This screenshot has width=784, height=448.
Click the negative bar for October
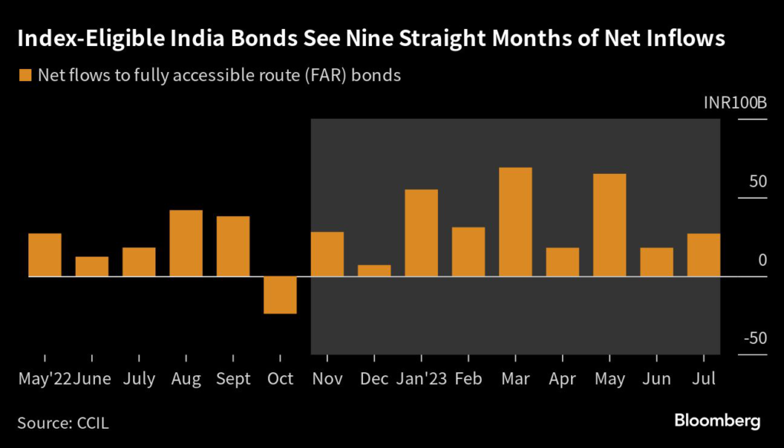[x=280, y=295]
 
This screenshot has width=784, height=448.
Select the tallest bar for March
[x=515, y=221]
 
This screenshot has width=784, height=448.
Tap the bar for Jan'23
[x=421, y=233]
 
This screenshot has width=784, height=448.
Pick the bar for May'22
[x=44, y=254]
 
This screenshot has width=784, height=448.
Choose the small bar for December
[x=374, y=270]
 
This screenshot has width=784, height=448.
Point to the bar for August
[x=186, y=243]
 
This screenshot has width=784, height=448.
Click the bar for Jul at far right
[x=704, y=254]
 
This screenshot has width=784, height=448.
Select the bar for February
[x=468, y=251]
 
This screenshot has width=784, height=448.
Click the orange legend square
[x=25, y=75]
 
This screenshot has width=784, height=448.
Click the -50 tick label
[x=754, y=339]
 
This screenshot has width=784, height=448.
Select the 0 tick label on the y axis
[x=762, y=260]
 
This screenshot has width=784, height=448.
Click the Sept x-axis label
[x=234, y=379]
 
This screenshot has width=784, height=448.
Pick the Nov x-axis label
[x=328, y=379]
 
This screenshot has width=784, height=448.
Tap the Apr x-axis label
[x=562, y=379]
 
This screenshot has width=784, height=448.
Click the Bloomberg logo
[x=717, y=420]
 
